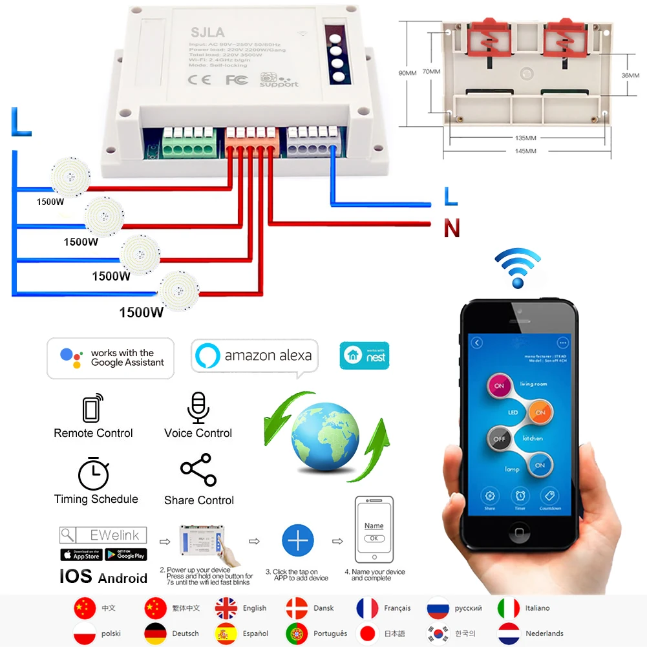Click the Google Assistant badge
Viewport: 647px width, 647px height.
pyautogui.click(x=111, y=358)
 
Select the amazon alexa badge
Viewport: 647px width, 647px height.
pyautogui.click(x=255, y=355)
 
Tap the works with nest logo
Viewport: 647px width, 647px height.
pyautogui.click(x=365, y=355)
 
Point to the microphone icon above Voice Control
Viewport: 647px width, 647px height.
pyautogui.click(x=197, y=407)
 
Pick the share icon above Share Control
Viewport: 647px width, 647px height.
pyautogui.click(x=198, y=470)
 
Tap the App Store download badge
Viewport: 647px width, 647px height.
pyautogui.click(x=81, y=555)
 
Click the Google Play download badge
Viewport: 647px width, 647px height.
pyautogui.click(x=125, y=555)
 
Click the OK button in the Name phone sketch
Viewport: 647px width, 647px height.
pyautogui.click(x=374, y=538)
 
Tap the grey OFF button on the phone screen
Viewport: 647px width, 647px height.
pyautogui.click(x=498, y=439)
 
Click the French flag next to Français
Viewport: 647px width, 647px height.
pyautogui.click(x=367, y=608)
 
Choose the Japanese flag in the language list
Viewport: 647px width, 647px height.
pyautogui.click(x=367, y=633)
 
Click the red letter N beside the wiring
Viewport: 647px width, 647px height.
pyautogui.click(x=451, y=228)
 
